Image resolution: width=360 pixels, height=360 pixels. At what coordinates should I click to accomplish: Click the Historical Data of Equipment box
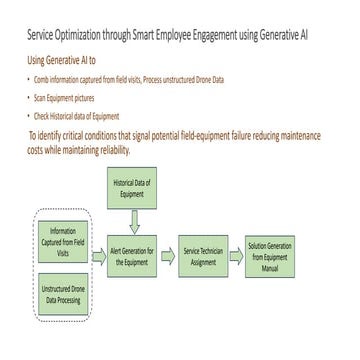135,189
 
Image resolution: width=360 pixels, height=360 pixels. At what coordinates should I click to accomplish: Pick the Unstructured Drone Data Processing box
62,297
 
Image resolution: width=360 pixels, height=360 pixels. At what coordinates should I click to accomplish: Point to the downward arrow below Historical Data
135,220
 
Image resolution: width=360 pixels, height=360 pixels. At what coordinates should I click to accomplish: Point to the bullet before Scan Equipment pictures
28,98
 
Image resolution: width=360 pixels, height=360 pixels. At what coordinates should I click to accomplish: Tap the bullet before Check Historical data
28,116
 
